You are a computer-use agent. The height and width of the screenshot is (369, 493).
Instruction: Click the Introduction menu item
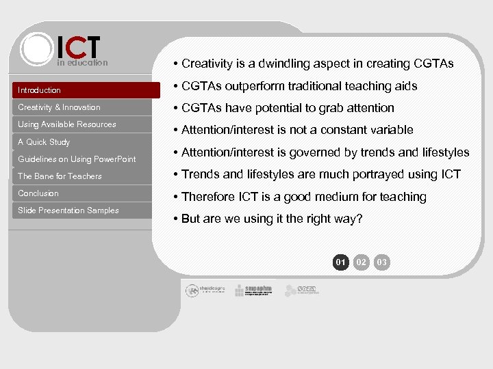click(40, 90)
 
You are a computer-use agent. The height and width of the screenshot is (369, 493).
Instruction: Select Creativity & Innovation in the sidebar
click(59, 107)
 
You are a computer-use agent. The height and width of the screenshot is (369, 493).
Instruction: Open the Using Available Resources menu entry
click(67, 124)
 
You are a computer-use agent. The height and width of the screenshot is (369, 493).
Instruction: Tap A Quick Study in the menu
click(44, 142)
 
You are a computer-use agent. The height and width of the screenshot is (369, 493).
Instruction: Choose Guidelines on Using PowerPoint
click(77, 159)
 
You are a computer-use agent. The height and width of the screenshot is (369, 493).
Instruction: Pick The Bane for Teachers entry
click(60, 176)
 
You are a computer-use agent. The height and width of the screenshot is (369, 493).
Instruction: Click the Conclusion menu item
click(38, 193)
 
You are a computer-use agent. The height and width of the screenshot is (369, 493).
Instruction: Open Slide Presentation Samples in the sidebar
click(68, 210)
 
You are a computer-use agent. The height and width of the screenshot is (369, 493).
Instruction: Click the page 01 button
click(340, 262)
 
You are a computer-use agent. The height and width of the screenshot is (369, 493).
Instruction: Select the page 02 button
click(362, 262)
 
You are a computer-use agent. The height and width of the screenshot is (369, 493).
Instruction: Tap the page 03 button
click(382, 262)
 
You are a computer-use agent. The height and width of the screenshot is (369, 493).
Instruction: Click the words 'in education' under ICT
click(82, 63)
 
